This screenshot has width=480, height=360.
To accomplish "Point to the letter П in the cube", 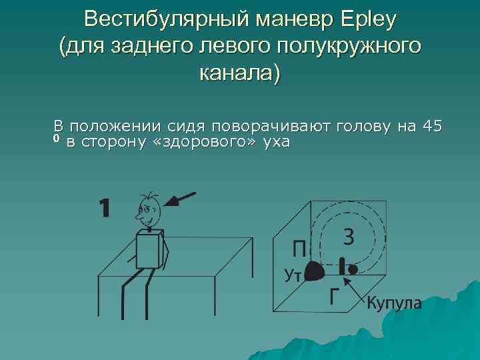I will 300,251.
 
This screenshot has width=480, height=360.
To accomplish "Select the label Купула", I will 394,303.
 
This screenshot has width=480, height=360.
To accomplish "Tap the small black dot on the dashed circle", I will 353,269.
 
